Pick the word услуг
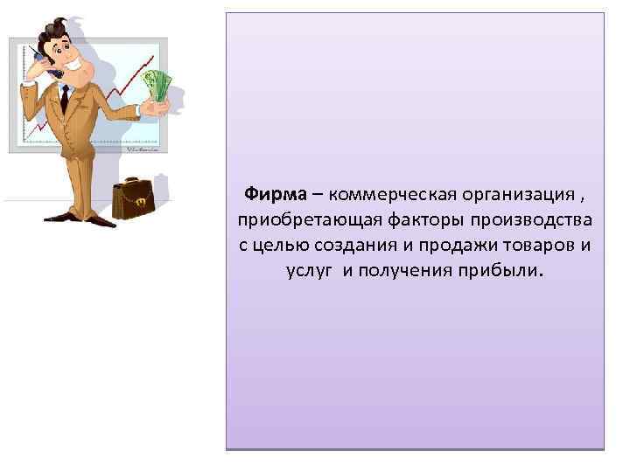pos(310,270)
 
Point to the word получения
pos(401,270)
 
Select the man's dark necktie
pos(64,100)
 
